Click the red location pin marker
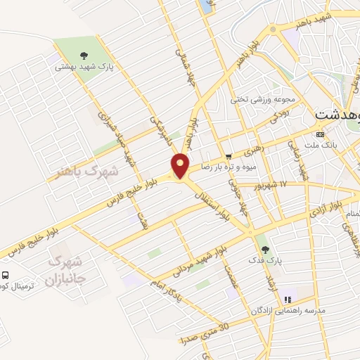[181, 165]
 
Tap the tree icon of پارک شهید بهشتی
[84, 55]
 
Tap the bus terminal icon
[6, 275]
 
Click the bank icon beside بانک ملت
[321, 133]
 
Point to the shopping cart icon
[229, 155]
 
